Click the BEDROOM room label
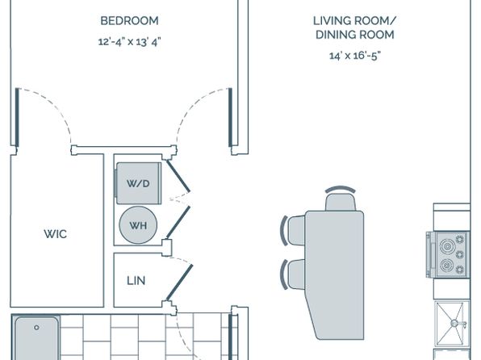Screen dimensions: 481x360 pyautogui.click(x=129, y=21)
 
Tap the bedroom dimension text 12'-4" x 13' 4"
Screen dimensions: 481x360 pyautogui.click(x=129, y=41)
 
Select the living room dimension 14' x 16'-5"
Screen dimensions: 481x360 pyautogui.click(x=355, y=56)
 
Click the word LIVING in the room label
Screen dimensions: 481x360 pyautogui.click(x=332, y=21)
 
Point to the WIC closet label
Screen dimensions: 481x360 pyautogui.click(x=55, y=234)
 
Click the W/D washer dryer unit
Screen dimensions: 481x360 pyautogui.click(x=139, y=183)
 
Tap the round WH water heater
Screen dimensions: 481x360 pyautogui.click(x=138, y=225)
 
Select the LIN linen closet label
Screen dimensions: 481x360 pyautogui.click(x=136, y=281)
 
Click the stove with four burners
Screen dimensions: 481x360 pyautogui.click(x=448, y=255)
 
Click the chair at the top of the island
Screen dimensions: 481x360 pyautogui.click(x=341, y=199)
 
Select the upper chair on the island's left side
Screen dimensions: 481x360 pyautogui.click(x=293, y=231)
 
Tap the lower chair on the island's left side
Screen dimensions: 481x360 pyautogui.click(x=293, y=274)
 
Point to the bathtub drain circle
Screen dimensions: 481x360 pyautogui.click(x=36, y=328)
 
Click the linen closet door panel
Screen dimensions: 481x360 pyautogui.click(x=179, y=283)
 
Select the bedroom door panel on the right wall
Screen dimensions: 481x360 pyautogui.click(x=230, y=117)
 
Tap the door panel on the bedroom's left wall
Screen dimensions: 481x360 pyautogui.click(x=17, y=117)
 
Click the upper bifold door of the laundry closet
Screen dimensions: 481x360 pyautogui.click(x=178, y=176)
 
